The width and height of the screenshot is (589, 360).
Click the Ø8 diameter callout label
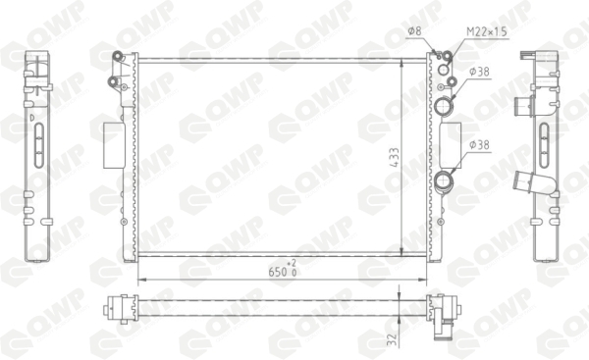tap(414, 31)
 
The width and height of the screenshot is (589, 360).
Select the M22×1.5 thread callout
tap(487, 31)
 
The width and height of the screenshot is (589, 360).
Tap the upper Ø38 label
tap(480, 72)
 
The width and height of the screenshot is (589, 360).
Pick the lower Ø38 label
tap(480, 144)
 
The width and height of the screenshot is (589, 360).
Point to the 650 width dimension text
tap(278, 272)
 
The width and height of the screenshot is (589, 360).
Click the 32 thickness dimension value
tap(392, 339)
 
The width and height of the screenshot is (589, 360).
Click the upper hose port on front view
tap(444, 106)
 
